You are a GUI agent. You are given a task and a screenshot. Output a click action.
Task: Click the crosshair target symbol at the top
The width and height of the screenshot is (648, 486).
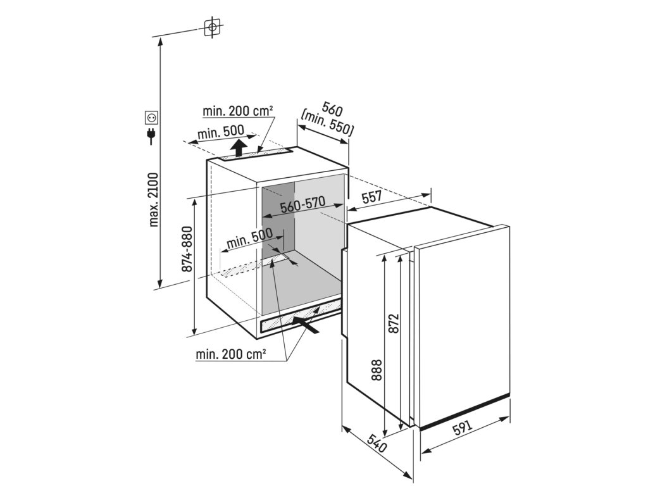[x=212, y=27]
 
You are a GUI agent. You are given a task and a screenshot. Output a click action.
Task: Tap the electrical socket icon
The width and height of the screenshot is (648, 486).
[x=151, y=117]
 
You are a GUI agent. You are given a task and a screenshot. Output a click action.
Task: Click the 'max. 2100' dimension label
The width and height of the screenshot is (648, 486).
[x=154, y=199]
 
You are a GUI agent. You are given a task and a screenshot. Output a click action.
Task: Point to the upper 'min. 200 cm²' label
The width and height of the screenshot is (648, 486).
[x=238, y=111]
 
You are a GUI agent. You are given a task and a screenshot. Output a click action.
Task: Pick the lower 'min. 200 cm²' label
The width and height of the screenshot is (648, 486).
[x=230, y=354]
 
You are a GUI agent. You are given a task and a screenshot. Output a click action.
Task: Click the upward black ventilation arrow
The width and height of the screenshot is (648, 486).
[x=239, y=149]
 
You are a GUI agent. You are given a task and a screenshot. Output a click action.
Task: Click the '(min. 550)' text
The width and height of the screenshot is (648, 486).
[x=327, y=123]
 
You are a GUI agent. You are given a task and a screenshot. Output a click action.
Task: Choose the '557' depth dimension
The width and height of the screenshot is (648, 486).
[x=371, y=197]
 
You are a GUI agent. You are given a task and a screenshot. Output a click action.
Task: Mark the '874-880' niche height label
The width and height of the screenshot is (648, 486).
[x=187, y=249]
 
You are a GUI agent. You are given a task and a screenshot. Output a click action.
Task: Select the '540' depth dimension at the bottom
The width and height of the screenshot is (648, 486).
[x=377, y=444]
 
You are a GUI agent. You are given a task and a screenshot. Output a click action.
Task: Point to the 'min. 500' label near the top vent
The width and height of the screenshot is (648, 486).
[x=221, y=133]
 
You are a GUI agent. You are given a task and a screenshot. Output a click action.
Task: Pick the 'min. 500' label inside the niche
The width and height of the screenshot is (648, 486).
[x=249, y=240]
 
